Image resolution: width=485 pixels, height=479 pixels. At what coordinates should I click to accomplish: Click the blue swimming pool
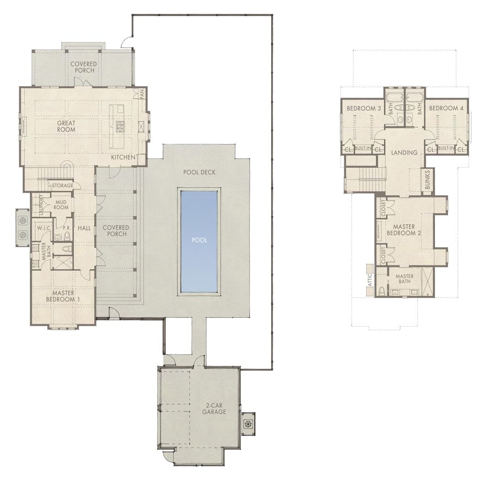click(199, 241)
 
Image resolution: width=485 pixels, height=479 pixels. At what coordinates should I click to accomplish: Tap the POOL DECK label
click(200, 172)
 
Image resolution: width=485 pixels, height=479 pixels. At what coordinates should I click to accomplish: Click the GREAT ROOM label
click(66, 126)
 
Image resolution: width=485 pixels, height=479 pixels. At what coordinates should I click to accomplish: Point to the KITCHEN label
click(123, 158)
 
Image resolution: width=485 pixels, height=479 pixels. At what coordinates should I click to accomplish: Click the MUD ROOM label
click(62, 204)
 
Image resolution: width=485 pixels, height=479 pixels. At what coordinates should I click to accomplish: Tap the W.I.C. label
click(44, 228)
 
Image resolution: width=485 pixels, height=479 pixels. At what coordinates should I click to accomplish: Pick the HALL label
click(84, 227)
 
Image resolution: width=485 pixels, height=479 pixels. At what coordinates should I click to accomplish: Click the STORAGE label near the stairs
click(63, 186)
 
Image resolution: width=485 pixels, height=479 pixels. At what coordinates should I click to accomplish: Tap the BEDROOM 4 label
click(446, 108)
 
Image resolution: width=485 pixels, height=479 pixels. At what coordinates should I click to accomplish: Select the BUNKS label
click(428, 180)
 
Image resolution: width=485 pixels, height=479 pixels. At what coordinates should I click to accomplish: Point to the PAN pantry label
click(141, 94)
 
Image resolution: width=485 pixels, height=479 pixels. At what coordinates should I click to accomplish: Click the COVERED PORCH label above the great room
click(83, 67)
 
